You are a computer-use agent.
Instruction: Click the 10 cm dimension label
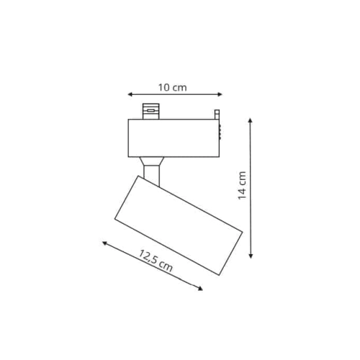pos(172,88)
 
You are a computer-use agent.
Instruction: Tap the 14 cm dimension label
pos(242,185)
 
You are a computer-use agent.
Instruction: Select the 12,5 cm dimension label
pos(155,261)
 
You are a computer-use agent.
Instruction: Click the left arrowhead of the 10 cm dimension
pos(130,94)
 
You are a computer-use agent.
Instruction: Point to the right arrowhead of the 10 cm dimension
pos(220,94)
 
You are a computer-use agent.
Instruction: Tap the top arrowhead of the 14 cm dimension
pos(251,120)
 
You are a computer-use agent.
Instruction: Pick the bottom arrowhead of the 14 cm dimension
pos(251,256)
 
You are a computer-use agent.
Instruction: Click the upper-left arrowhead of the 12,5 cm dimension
pos(105,243)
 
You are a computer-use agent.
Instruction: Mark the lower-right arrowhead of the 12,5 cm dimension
pos(200,289)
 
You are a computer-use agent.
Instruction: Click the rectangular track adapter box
pos(174,138)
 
